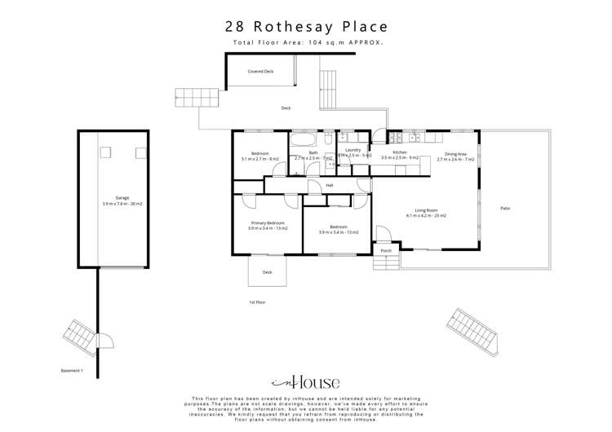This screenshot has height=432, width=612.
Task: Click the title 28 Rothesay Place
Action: coord(305,26)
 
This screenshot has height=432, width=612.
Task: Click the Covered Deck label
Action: coord(260,72)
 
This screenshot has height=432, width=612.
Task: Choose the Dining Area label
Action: coord(455,154)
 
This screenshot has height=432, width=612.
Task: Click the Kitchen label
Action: coord(399,152)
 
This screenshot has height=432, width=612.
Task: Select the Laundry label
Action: coord(353,150)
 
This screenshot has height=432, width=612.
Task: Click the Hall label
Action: coord(330,186)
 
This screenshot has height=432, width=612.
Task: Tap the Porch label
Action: coord(386,250)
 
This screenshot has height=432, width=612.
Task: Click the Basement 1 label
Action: coord(72,371)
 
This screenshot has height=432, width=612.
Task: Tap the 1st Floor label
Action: coord(258,302)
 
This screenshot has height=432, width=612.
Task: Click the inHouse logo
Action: coord(305,382)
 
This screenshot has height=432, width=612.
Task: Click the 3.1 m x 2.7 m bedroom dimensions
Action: coord(260,159)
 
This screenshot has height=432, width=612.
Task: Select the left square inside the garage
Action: coord(104,152)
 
